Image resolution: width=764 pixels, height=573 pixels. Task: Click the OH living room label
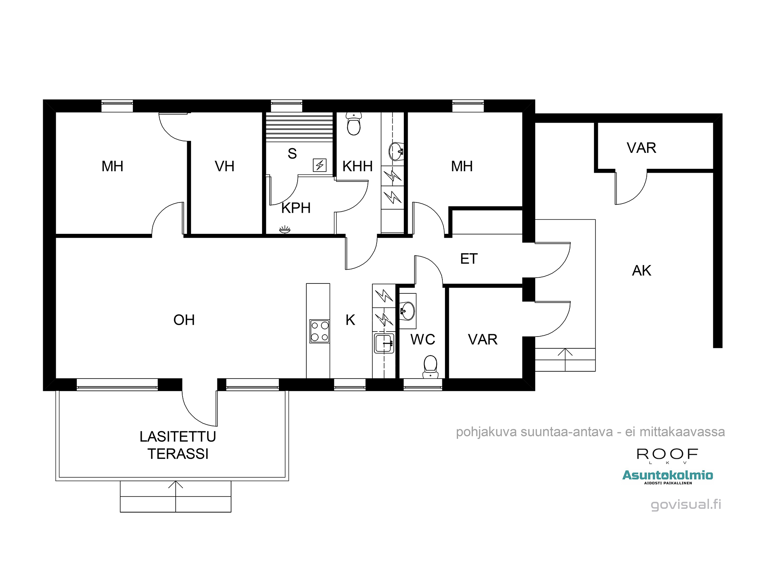pos(184,320)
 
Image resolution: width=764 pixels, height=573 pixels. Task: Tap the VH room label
pos(225,167)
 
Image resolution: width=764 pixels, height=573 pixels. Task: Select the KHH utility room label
pos(358,167)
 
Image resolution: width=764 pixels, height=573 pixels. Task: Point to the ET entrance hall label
pos(469,259)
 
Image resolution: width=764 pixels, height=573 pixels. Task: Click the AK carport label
pos(642,271)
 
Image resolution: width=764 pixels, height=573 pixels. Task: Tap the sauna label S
pos(292,154)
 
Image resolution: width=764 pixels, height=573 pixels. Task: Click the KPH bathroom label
pos(296,208)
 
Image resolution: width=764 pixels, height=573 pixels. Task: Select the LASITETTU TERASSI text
pos(178,445)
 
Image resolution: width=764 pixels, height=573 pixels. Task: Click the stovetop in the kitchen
pos(320,331)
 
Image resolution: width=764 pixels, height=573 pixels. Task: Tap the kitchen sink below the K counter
pos(384,343)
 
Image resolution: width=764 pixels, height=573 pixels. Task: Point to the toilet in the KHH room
pos(354,124)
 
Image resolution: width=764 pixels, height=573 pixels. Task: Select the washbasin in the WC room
pos(408,311)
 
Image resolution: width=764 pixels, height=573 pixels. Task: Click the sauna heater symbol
pos(320,165)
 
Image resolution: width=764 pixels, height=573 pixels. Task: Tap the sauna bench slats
pos(299,127)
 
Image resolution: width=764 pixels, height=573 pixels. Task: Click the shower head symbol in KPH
pos(285,230)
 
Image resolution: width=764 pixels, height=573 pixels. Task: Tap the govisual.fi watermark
pos(686,505)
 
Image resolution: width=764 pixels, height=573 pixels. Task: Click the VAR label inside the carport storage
pos(642,148)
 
